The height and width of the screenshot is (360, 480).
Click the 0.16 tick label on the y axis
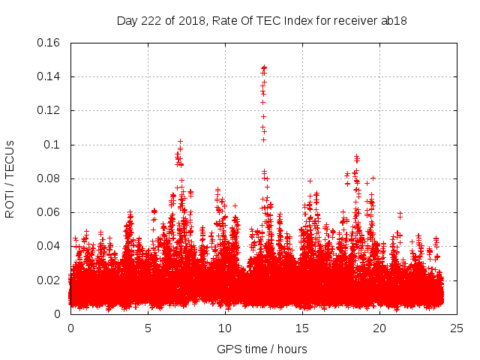tap(50, 43)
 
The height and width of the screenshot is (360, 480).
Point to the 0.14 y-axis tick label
tap(50, 76)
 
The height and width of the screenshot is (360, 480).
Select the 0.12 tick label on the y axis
tap(50, 110)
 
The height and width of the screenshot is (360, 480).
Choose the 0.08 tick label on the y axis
tap(50, 178)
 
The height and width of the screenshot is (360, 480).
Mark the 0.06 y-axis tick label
tap(50, 212)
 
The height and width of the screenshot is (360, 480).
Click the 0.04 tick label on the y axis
tap(50, 246)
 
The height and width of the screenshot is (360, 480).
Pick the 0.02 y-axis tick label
tap(50, 280)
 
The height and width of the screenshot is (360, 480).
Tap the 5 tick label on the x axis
tap(148, 328)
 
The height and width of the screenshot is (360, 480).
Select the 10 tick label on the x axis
tap(225, 328)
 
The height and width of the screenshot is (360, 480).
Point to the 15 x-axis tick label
tap(302, 328)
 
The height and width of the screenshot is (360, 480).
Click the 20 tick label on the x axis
tap(379, 328)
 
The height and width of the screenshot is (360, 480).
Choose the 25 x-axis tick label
tap(457, 328)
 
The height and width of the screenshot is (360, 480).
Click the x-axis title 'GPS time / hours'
tap(263, 349)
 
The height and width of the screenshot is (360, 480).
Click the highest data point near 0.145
tap(264, 66)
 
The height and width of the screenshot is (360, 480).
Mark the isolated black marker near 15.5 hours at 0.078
tap(310, 181)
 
